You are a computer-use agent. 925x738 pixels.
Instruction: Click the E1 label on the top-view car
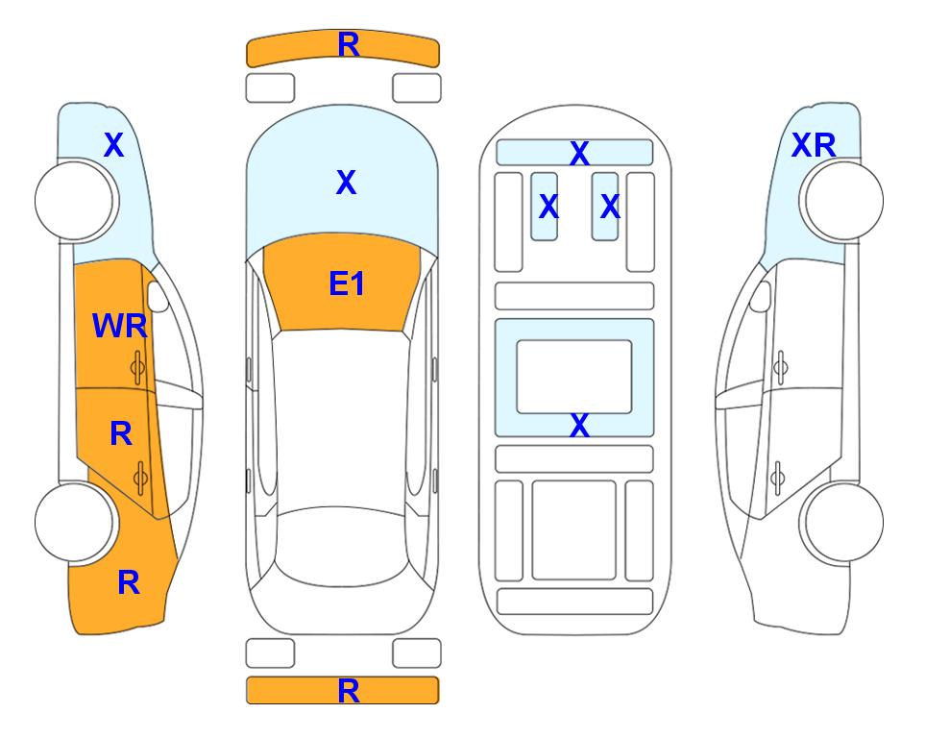[x=347, y=283]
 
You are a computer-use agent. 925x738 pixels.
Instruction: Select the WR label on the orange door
[x=120, y=326]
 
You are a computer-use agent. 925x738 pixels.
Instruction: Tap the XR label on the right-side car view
[x=814, y=145]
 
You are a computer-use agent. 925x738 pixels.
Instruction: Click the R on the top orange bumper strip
[x=349, y=45]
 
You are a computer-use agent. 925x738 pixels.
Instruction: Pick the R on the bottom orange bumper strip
[x=349, y=691]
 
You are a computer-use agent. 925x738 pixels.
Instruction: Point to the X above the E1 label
[x=347, y=183]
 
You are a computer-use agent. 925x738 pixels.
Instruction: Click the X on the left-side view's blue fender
[x=114, y=145]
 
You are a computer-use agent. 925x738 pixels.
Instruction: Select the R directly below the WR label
[x=121, y=434]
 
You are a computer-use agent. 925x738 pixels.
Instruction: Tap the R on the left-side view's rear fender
[x=129, y=582]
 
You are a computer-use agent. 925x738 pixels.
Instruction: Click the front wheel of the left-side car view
[x=75, y=201]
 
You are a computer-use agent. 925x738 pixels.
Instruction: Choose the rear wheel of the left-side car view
[x=75, y=523]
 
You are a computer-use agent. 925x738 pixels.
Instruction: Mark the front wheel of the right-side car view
[x=843, y=201]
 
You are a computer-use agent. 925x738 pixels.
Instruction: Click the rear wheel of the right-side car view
[x=843, y=523]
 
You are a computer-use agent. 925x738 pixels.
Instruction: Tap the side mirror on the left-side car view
[x=158, y=296]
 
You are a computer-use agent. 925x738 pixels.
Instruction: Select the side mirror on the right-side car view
[x=761, y=296]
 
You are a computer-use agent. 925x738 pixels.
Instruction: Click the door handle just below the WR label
[x=137, y=368]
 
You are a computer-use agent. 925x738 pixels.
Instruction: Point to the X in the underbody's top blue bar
[x=579, y=154]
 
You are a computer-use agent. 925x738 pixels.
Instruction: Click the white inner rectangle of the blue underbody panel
[x=574, y=377]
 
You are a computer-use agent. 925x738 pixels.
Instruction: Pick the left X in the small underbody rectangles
[x=548, y=207]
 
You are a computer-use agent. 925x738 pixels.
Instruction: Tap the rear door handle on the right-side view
[x=778, y=478]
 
